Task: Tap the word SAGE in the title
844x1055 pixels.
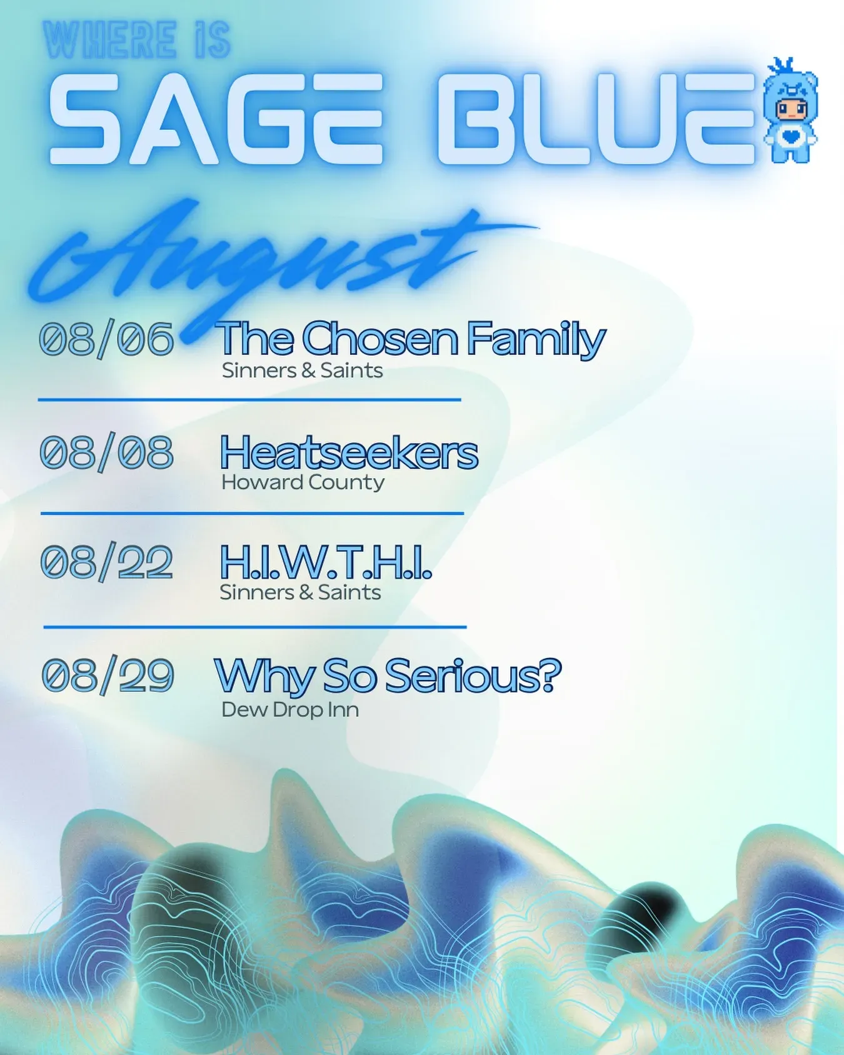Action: pos(215,118)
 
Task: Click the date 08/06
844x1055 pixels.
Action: pos(106,339)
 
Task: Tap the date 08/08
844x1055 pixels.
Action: pos(106,452)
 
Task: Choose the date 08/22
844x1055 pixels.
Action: pos(106,562)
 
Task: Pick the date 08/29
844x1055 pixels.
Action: pos(108,675)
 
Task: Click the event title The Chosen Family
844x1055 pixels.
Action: pos(411,339)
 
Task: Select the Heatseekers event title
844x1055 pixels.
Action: pos(349,452)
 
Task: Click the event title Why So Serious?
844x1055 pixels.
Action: pos(388,676)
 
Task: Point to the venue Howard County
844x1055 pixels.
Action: pos(303,482)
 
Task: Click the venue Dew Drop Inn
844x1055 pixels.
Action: pos(290,710)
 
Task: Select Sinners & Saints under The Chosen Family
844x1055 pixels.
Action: pos(302,371)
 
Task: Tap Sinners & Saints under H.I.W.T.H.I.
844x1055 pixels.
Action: pos(300,592)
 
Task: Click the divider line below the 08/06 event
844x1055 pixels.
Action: pos(249,399)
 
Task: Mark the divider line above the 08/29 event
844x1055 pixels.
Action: pos(255,626)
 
